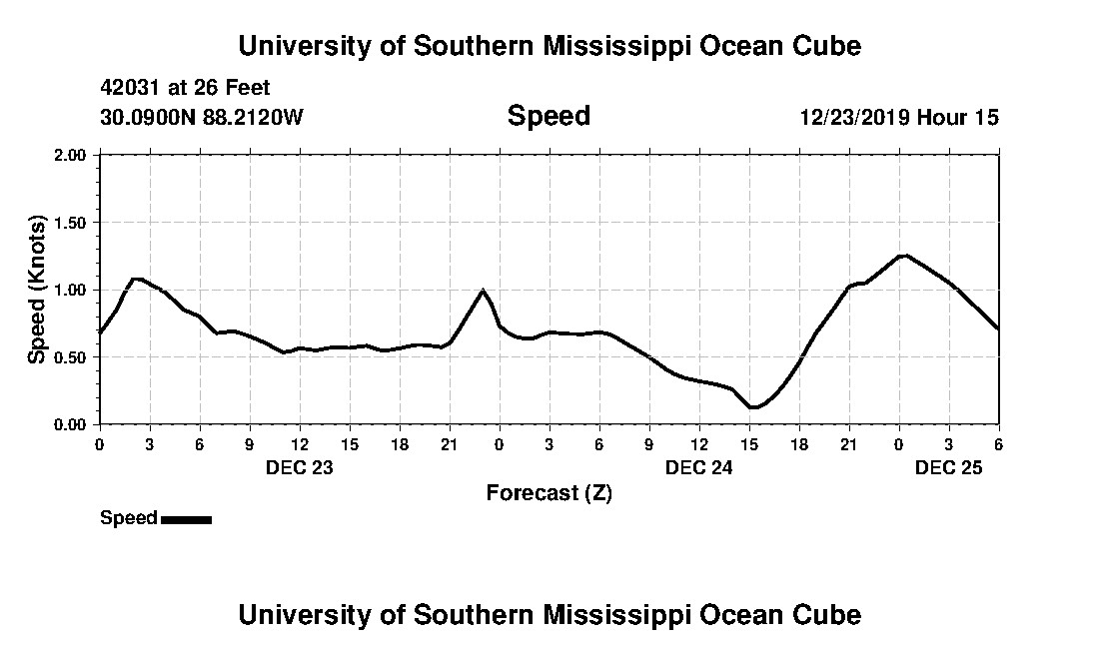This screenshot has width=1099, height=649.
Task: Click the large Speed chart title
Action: tap(549, 116)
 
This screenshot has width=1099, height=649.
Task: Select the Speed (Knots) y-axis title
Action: tap(37, 290)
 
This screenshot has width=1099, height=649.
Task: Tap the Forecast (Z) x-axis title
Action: tap(549, 493)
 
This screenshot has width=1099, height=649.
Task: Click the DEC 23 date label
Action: tap(299, 467)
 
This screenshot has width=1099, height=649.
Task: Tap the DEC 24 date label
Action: tap(699, 467)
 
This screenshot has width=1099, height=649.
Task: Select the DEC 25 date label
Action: tap(949, 467)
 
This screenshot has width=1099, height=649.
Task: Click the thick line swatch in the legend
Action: tap(186, 519)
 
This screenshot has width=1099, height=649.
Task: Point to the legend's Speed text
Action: tap(129, 518)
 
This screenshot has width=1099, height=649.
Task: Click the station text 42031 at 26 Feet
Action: tap(185, 89)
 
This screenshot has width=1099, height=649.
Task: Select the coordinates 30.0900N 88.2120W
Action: tap(201, 117)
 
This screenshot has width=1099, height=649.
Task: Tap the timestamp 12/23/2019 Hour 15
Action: tap(898, 117)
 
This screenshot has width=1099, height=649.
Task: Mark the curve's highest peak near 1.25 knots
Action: tap(903, 256)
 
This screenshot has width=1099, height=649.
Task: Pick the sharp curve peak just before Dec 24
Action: tap(484, 291)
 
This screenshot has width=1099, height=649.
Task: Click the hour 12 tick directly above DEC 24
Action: tap(699, 443)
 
